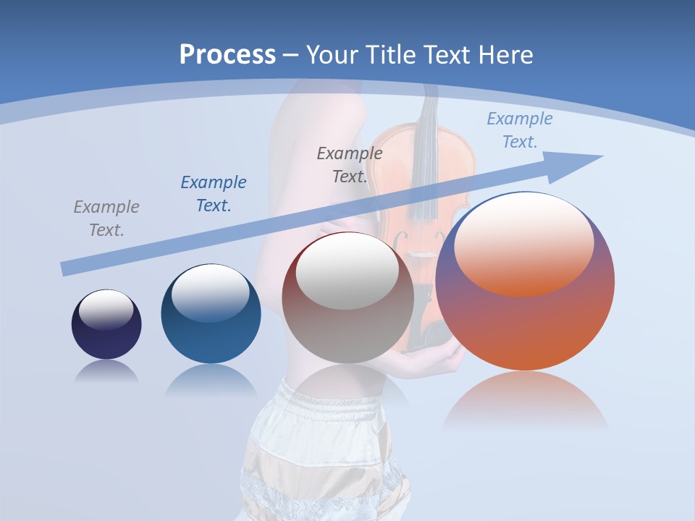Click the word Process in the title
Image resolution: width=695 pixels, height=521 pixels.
pos(227,55)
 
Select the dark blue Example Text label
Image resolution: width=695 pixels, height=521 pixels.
pos(214,194)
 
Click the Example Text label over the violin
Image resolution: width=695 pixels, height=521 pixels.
pos(350,165)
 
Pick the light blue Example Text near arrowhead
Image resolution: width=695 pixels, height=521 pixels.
pos(519,130)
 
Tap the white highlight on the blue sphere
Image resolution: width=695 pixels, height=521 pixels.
pos(211,293)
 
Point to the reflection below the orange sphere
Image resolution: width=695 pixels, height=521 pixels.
pos(525,402)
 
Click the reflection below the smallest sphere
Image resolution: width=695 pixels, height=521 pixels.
pos(106,371)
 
